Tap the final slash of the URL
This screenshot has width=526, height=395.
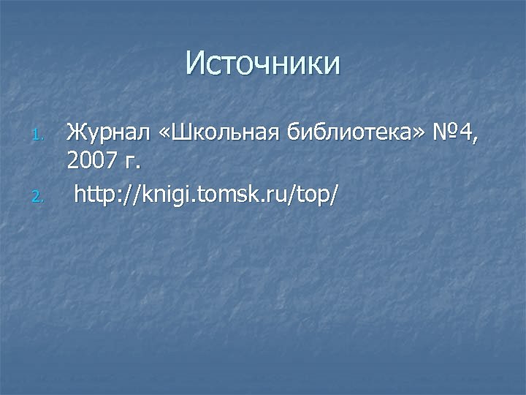coord(335,194)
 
